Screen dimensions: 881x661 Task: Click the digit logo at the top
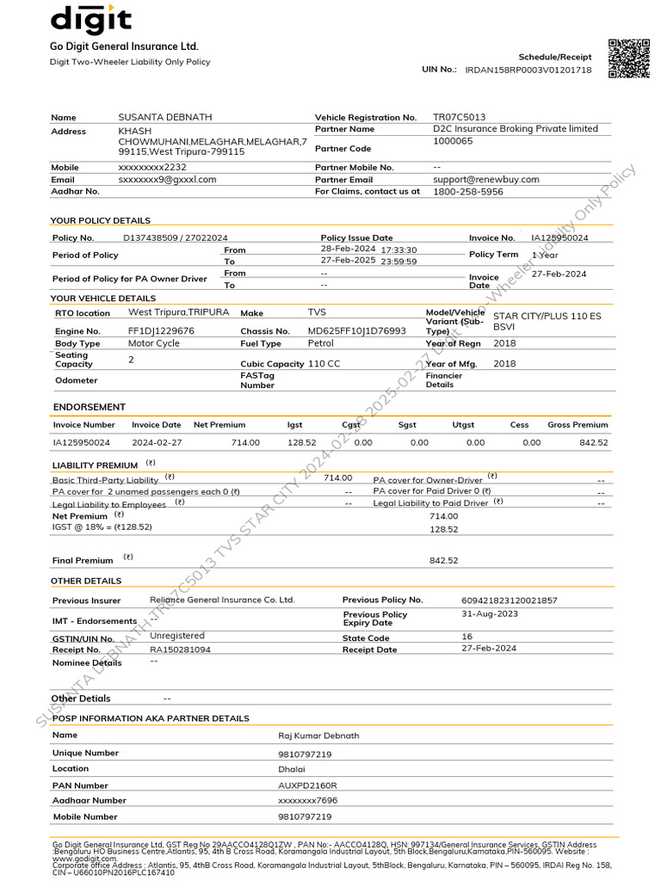click(x=90, y=19)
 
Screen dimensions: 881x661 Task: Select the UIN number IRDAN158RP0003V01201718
click(x=528, y=70)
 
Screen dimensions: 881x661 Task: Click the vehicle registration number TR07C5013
click(x=459, y=117)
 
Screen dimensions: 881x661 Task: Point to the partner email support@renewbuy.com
click(x=485, y=179)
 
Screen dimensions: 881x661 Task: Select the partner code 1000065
click(x=453, y=141)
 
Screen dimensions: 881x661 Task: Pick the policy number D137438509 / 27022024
click(x=176, y=237)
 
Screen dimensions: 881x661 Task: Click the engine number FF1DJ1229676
click(x=161, y=330)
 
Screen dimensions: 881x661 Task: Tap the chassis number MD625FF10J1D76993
click(x=356, y=330)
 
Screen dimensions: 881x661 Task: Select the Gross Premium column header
click(x=578, y=425)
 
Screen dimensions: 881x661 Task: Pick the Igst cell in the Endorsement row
click(x=301, y=442)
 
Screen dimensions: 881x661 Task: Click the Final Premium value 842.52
click(x=443, y=560)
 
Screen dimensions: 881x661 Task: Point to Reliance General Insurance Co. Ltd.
click(x=222, y=600)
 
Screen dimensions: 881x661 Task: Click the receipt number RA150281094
click(x=180, y=650)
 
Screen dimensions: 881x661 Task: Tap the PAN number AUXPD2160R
click(x=307, y=786)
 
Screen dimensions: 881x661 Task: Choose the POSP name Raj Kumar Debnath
click(x=318, y=736)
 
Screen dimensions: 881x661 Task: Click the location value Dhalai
click(x=291, y=769)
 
